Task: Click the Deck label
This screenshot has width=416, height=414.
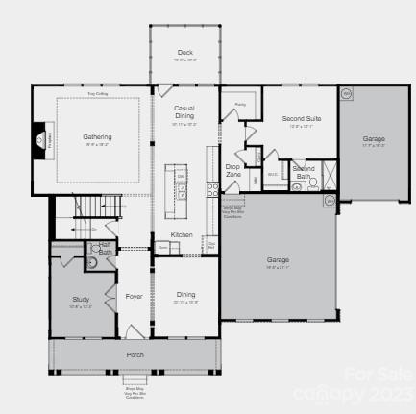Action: coord(185,52)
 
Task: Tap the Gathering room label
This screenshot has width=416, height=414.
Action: coord(97,136)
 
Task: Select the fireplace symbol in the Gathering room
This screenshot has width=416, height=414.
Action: coord(41,140)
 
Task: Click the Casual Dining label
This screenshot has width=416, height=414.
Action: coord(184,115)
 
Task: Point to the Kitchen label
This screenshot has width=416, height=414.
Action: coord(182,234)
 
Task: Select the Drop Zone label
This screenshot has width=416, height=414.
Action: coord(233,170)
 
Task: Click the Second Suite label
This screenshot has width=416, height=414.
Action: coord(301,118)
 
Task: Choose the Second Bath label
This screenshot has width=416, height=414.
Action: coord(303,173)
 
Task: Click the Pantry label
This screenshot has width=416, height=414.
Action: coord(240,104)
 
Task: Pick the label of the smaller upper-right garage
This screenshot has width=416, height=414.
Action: coord(374,139)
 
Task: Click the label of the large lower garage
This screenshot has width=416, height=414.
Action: coord(278,259)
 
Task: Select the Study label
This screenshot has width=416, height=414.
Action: coord(81,300)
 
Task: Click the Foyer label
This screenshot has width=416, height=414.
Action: coord(134,296)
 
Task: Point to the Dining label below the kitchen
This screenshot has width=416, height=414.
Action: coord(185,295)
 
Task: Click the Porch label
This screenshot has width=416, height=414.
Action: coord(135,353)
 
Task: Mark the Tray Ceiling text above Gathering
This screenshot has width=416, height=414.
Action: coord(97,94)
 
